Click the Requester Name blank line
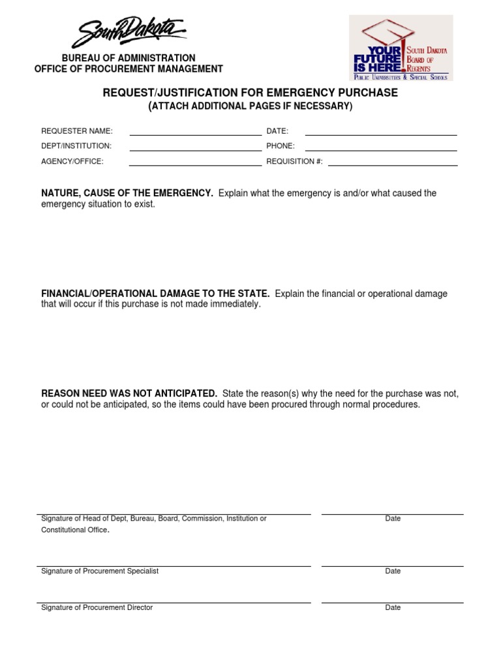coord(195,134)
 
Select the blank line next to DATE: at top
coord(381,134)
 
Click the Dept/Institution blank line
coord(195,149)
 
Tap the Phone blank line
coord(381,149)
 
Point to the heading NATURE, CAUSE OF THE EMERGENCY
coord(127,193)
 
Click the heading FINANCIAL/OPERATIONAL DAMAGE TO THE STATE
coord(155,294)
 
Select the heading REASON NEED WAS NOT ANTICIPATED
coord(129,393)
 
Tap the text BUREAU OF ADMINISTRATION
coord(129,58)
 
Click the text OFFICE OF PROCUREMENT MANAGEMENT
coord(129,68)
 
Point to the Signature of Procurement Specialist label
coord(100,571)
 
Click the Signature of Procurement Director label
coord(97,607)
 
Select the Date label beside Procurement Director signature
coord(393,607)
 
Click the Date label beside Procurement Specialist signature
coord(393,571)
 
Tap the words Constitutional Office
coord(73,530)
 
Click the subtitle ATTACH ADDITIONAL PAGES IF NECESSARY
coord(250,106)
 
